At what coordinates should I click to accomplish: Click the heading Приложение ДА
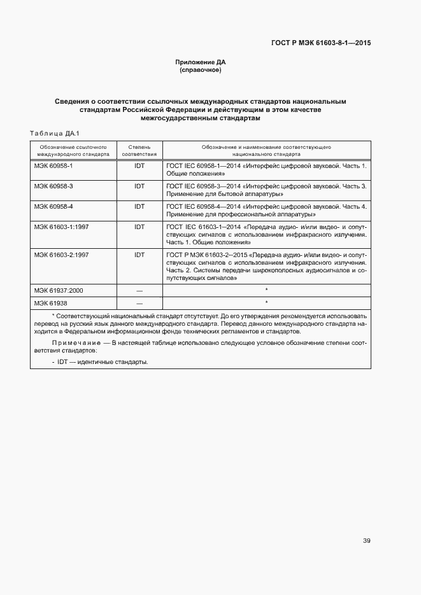pyautogui.click(x=201, y=62)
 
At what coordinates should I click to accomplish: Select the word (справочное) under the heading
pyautogui.click(x=201, y=70)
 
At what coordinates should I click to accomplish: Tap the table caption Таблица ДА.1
pyautogui.click(x=54, y=133)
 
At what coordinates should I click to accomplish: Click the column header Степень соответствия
pyautogui.click(x=139, y=150)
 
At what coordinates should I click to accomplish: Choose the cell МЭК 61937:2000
pyautogui.click(x=59, y=290)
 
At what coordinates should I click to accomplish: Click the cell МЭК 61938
pyautogui.click(x=50, y=303)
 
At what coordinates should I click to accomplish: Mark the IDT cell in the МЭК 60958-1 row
pyautogui.click(x=139, y=165)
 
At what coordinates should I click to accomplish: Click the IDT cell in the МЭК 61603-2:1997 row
pyautogui.click(x=139, y=255)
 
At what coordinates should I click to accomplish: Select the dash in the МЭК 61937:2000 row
pyautogui.click(x=139, y=290)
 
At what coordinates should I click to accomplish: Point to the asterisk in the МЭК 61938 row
pyautogui.click(x=266, y=302)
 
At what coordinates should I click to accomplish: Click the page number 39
pyautogui.click(x=366, y=541)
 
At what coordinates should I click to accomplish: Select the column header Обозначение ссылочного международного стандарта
pyautogui.click(x=73, y=150)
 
